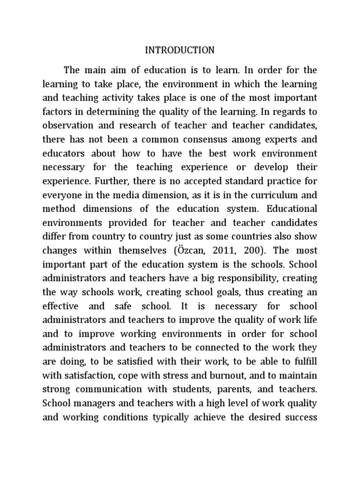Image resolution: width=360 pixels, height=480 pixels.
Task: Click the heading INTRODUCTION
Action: (180, 50)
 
